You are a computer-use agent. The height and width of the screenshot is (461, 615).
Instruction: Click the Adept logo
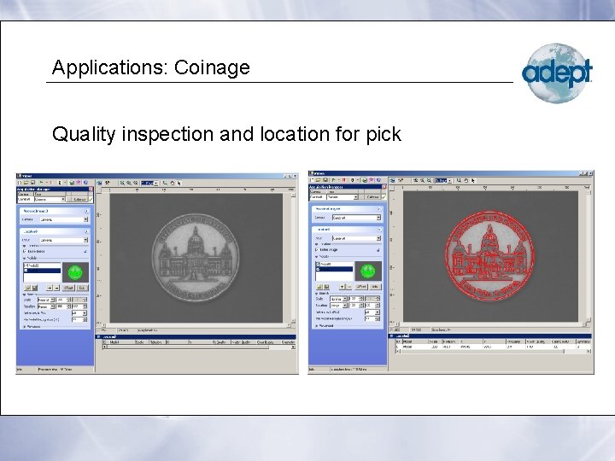pyautogui.click(x=557, y=73)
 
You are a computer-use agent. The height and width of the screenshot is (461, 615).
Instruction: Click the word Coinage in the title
pyautogui.click(x=212, y=67)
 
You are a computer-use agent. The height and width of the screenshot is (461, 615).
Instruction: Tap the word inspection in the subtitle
pyautogui.click(x=168, y=134)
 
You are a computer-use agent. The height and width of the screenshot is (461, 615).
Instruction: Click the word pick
pyautogui.click(x=382, y=134)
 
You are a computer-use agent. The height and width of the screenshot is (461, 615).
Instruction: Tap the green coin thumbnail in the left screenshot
pyautogui.click(x=77, y=271)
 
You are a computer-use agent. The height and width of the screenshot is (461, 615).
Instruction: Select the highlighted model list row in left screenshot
pyautogui.click(x=42, y=271)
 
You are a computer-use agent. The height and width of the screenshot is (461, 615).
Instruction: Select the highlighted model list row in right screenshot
pyautogui.click(x=334, y=269)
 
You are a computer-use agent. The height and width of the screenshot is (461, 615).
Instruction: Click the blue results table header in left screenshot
pyautogui.click(x=198, y=336)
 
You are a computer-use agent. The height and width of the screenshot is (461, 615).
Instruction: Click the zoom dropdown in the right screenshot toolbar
pyautogui.click(x=442, y=181)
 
